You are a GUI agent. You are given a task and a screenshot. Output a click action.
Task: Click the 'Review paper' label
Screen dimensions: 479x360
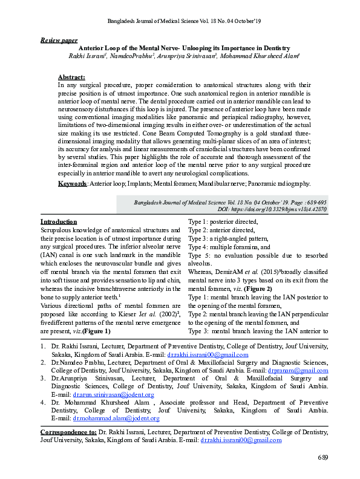pos(59,39)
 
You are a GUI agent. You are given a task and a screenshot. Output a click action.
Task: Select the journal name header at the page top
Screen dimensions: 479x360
pos(185,21)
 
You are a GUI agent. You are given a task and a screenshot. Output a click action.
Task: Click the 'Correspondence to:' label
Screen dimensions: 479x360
pos(68,449)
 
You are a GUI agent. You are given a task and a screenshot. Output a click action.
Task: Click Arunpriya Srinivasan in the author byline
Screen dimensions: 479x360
pos(190,56)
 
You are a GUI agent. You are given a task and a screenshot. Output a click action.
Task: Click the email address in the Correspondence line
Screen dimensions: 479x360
pos(240,457)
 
